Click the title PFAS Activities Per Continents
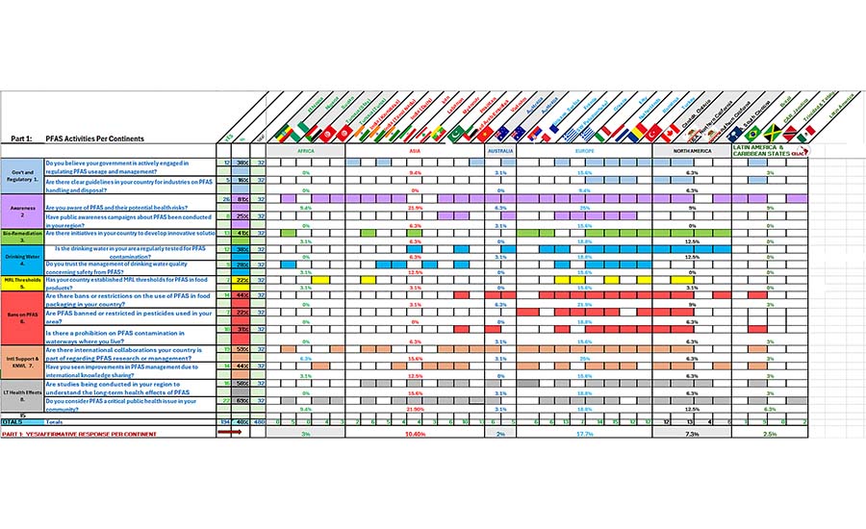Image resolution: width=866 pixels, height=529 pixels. click(x=92, y=139)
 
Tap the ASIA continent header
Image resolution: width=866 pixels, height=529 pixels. click(x=416, y=151)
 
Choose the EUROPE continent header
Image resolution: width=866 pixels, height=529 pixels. click(x=584, y=151)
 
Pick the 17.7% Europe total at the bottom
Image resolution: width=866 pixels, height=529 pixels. click(x=584, y=434)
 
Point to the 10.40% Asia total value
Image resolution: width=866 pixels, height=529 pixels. click(x=416, y=434)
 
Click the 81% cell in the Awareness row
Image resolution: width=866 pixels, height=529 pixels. click(x=243, y=198)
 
